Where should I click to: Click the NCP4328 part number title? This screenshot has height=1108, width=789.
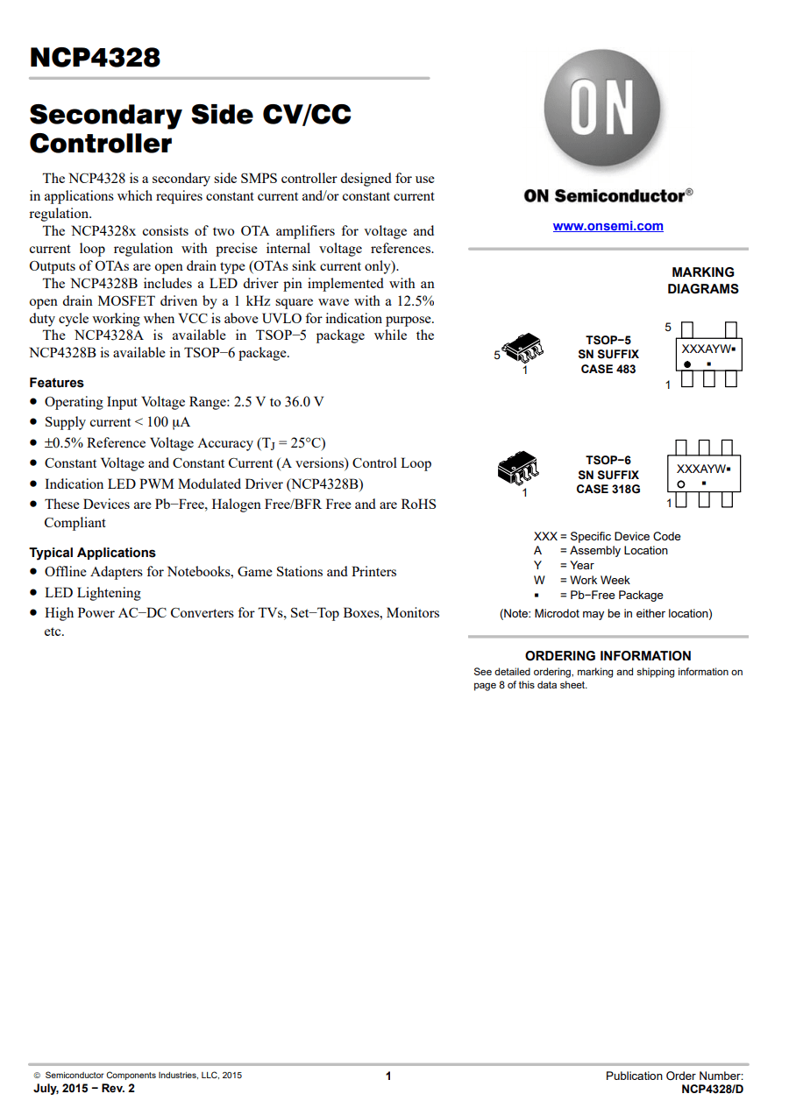pyautogui.click(x=95, y=58)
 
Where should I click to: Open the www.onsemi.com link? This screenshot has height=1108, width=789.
pyautogui.click(x=608, y=226)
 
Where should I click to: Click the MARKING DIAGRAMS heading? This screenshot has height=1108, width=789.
pyautogui.click(x=702, y=280)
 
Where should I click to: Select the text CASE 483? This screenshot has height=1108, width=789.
pyautogui.click(x=608, y=369)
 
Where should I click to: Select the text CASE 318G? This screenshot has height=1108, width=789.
pyautogui.click(x=608, y=489)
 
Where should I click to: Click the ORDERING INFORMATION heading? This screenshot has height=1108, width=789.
pyautogui.click(x=608, y=655)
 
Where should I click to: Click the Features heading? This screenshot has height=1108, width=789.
pyautogui.click(x=56, y=383)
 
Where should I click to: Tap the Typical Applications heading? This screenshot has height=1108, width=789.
pyautogui.click(x=92, y=553)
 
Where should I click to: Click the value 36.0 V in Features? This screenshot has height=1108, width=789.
pyautogui.click(x=304, y=402)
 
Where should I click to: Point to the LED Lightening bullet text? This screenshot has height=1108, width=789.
pyautogui.click(x=92, y=593)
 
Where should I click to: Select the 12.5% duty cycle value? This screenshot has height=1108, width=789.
pyautogui.click(x=412, y=301)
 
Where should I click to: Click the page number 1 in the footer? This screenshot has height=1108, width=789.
pyautogui.click(x=388, y=1076)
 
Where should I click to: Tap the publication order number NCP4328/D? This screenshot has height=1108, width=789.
pyautogui.click(x=712, y=1089)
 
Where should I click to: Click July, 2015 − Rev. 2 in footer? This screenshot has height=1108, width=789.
pyautogui.click(x=84, y=1089)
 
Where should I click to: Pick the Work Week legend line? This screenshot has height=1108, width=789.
pyautogui.click(x=582, y=580)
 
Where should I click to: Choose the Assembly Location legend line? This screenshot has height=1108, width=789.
pyautogui.click(x=601, y=551)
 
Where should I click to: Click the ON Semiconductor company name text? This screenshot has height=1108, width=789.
pyautogui.click(x=604, y=196)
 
